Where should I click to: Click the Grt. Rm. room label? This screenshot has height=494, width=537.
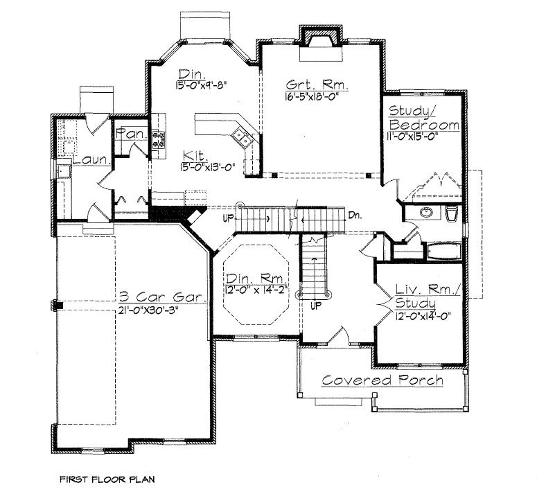317,85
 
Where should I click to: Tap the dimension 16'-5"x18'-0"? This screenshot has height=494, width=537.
313,97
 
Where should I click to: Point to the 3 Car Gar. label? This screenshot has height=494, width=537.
163,297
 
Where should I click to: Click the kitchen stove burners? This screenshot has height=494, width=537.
159,139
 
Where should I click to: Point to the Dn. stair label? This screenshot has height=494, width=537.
355,216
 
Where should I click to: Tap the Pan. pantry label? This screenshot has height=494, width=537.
131,134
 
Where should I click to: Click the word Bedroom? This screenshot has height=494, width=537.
424,125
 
